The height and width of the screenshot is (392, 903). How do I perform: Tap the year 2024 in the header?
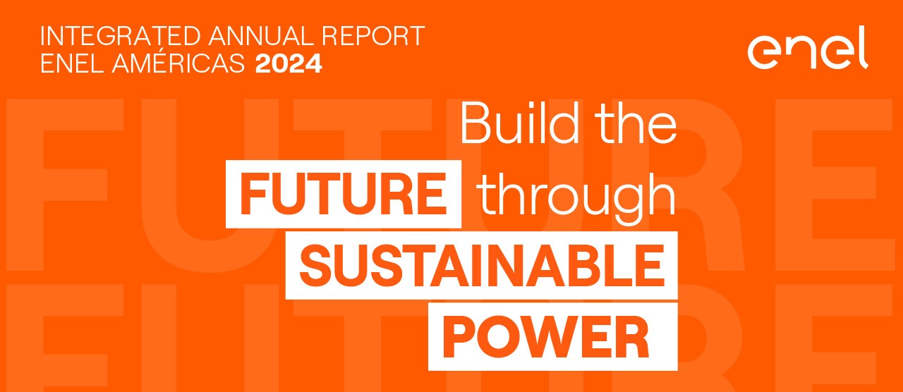[x=289, y=64]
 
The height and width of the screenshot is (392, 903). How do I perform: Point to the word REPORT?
[x=381, y=37]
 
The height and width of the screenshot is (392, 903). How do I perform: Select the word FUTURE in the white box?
[x=344, y=193]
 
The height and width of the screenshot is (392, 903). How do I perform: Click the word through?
[x=576, y=193]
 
